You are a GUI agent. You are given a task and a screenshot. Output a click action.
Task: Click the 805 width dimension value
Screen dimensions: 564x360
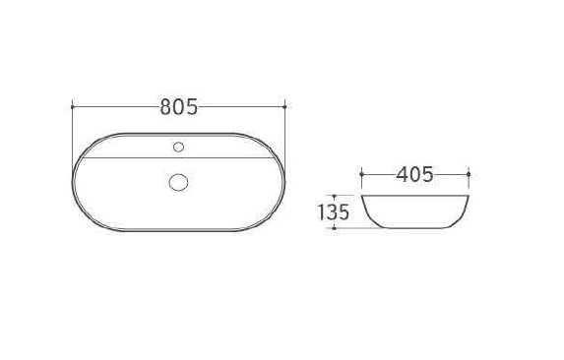click(x=179, y=106)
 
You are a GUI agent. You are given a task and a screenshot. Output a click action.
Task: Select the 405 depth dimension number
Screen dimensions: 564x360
click(x=414, y=175)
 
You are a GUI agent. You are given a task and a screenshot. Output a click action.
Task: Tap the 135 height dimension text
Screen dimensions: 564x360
click(x=334, y=212)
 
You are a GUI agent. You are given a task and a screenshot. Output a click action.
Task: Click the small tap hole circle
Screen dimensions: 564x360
click(x=178, y=147)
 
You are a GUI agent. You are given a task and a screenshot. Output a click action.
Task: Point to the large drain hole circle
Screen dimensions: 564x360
click(x=178, y=182)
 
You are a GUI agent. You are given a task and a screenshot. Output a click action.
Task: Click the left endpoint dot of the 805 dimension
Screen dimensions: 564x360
click(x=73, y=106)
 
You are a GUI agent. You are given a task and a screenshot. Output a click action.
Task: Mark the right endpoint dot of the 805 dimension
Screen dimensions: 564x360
click(x=284, y=106)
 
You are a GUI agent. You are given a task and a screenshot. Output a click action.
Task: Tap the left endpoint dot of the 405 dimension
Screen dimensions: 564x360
click(x=362, y=174)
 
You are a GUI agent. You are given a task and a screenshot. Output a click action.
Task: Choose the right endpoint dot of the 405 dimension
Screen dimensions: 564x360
click(x=469, y=174)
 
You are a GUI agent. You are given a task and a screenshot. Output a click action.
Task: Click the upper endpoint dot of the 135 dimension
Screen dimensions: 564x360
click(x=334, y=196)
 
